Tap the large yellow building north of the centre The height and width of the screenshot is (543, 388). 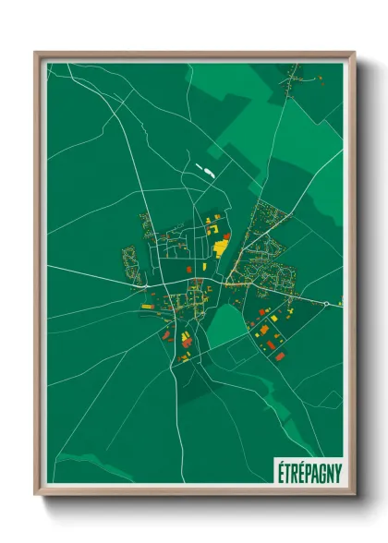pyautogui.click(x=222, y=247)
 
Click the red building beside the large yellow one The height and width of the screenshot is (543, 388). pyautogui.click(x=226, y=236)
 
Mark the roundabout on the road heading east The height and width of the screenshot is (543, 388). pyautogui.click(x=326, y=303)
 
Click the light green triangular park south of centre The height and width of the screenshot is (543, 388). pyautogui.click(x=223, y=323)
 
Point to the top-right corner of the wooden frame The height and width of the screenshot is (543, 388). pyautogui.click(x=354, y=54)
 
